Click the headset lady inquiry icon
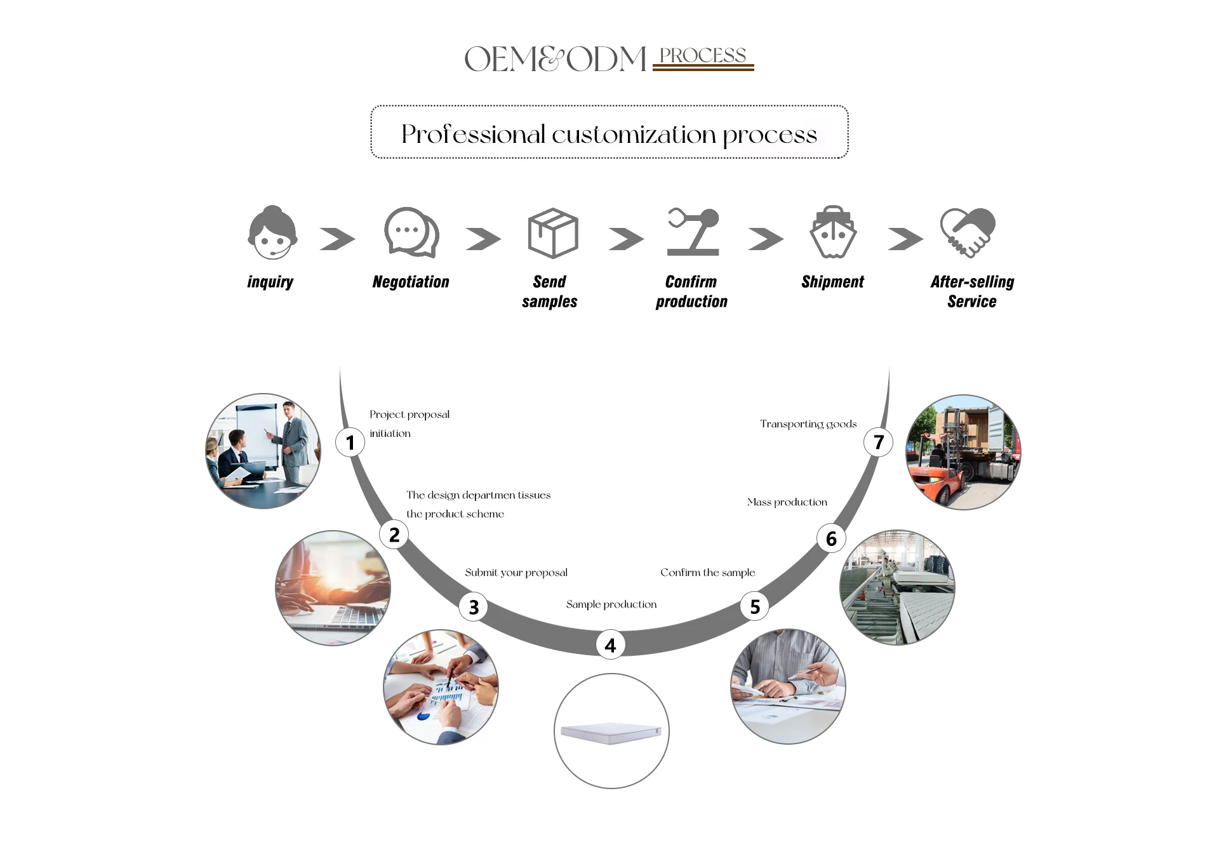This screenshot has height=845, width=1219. pyautogui.click(x=272, y=233)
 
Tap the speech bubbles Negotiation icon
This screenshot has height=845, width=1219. pyautogui.click(x=411, y=232)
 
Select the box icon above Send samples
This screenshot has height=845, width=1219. pyautogui.click(x=553, y=233)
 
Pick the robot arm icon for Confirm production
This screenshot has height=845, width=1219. pyautogui.click(x=693, y=232)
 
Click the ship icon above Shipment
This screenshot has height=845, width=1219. pyautogui.click(x=833, y=232)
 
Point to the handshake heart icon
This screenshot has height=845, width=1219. pyautogui.click(x=968, y=232)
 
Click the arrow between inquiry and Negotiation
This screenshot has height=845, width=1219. pyautogui.click(x=337, y=239)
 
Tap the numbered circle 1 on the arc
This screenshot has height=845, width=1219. pyautogui.click(x=350, y=442)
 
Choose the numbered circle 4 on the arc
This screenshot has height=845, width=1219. pyautogui.click(x=610, y=645)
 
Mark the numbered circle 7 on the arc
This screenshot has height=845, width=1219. pyautogui.click(x=878, y=442)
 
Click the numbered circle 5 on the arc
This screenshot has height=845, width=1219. pyautogui.click(x=755, y=607)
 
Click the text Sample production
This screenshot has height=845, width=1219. pyautogui.click(x=611, y=604)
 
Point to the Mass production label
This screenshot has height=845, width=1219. pyautogui.click(x=787, y=502)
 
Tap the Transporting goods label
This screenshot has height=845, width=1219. pyautogui.click(x=808, y=424)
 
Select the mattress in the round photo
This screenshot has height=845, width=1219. pyautogui.click(x=611, y=733)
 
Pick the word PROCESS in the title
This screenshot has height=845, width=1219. pyautogui.click(x=703, y=56)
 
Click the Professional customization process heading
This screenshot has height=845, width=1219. pyautogui.click(x=609, y=134)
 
